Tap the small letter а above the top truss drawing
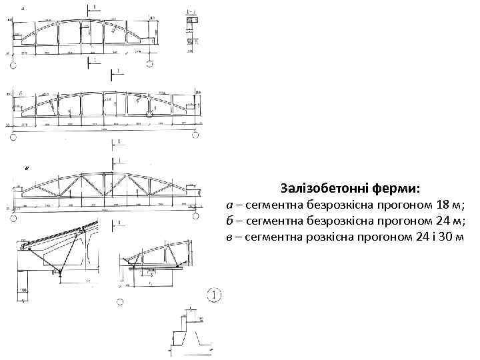(23, 8)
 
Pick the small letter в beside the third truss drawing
(27, 167)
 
